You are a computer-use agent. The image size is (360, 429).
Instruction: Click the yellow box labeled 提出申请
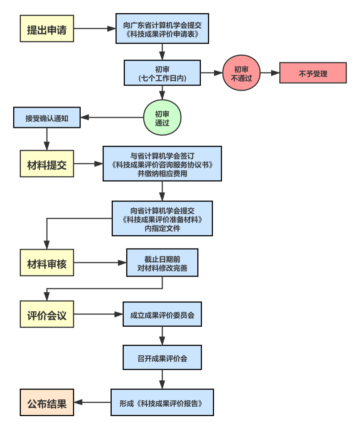pyautogui.click(x=47, y=29)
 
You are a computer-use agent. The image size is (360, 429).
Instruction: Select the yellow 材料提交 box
pyautogui.click(x=47, y=164)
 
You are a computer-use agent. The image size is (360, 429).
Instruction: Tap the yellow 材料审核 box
pyautogui.click(x=47, y=263)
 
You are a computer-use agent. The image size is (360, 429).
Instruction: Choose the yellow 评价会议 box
pyautogui.click(x=47, y=314)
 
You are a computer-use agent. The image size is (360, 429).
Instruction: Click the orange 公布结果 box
pyautogui.click(x=47, y=402)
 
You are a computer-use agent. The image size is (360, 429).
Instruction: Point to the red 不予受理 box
pyautogui.click(x=313, y=73)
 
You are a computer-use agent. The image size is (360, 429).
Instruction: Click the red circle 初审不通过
pyautogui.click(x=241, y=73)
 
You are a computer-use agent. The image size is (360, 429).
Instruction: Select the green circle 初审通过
pyautogui.click(x=162, y=118)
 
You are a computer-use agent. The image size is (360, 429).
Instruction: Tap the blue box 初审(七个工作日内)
pyautogui.click(x=162, y=73)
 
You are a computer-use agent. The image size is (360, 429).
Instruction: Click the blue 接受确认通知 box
pyautogui.click(x=47, y=118)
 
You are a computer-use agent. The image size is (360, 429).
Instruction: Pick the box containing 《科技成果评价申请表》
pyautogui.click(x=162, y=29)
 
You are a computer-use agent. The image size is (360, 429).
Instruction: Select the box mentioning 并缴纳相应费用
pyautogui.click(x=162, y=164)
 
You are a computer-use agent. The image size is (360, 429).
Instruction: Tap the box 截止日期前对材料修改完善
pyautogui.click(x=162, y=263)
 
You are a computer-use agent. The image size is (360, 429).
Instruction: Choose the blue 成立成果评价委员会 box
pyautogui.click(x=162, y=314)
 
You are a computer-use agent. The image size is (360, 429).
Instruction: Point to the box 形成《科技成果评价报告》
pyautogui.click(x=162, y=402)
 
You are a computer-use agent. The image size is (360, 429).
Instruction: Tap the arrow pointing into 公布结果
pyautogui.click(x=92, y=402)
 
